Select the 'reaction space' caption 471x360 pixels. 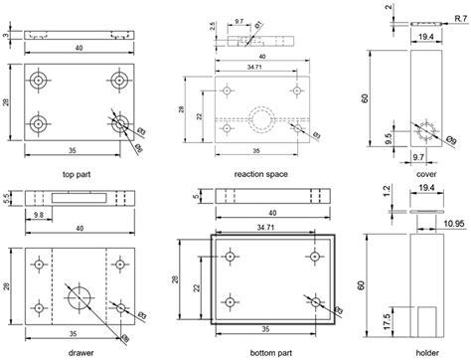tap(260, 173)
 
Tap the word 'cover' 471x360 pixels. tap(427, 173)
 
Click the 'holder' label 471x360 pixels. tap(427, 351)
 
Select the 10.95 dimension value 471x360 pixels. tap(455, 224)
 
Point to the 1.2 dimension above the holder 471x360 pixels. tap(388, 196)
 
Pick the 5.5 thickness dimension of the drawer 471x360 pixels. tap(9, 198)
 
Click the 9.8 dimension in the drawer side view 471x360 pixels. tap(38, 214)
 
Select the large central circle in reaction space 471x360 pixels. tap(265, 117)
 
